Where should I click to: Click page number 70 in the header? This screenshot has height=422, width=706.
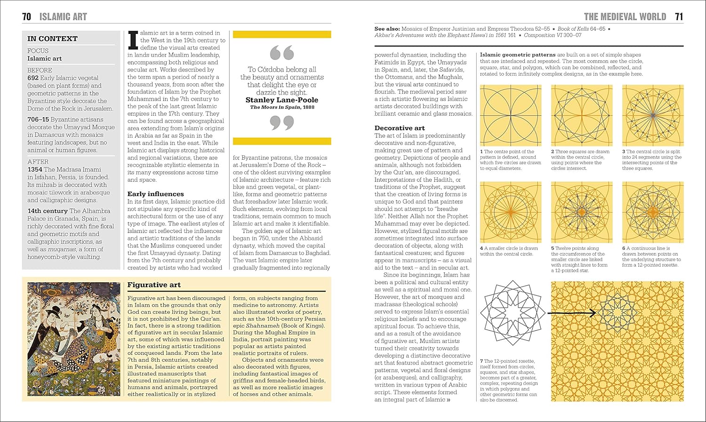tap(26, 17)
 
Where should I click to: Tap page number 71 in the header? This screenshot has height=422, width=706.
tap(679, 17)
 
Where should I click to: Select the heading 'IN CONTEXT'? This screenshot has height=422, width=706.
tap(52, 39)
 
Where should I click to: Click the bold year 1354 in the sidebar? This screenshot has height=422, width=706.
tap(35, 169)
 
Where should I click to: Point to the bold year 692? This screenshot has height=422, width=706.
tap(33, 78)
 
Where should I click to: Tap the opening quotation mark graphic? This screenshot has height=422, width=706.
tap(282, 53)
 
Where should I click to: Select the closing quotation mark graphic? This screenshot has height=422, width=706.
tap(282, 123)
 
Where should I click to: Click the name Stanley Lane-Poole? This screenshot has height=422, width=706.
tap(282, 100)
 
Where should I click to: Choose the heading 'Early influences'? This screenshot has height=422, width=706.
tap(155, 194)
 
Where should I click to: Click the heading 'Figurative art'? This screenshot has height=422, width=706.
tap(154, 285)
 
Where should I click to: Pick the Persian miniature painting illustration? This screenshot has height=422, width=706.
tap(74, 339)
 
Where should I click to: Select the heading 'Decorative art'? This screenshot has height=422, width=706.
tap(400, 128)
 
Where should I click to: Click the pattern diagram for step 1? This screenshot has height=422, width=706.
tap(511, 115)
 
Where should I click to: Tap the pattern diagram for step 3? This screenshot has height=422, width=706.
tap(653, 115)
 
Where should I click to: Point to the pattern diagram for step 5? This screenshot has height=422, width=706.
tap(582, 212)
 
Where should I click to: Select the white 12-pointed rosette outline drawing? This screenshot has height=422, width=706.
tap(513, 313)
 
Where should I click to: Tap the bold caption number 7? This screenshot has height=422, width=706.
tap(481, 361)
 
